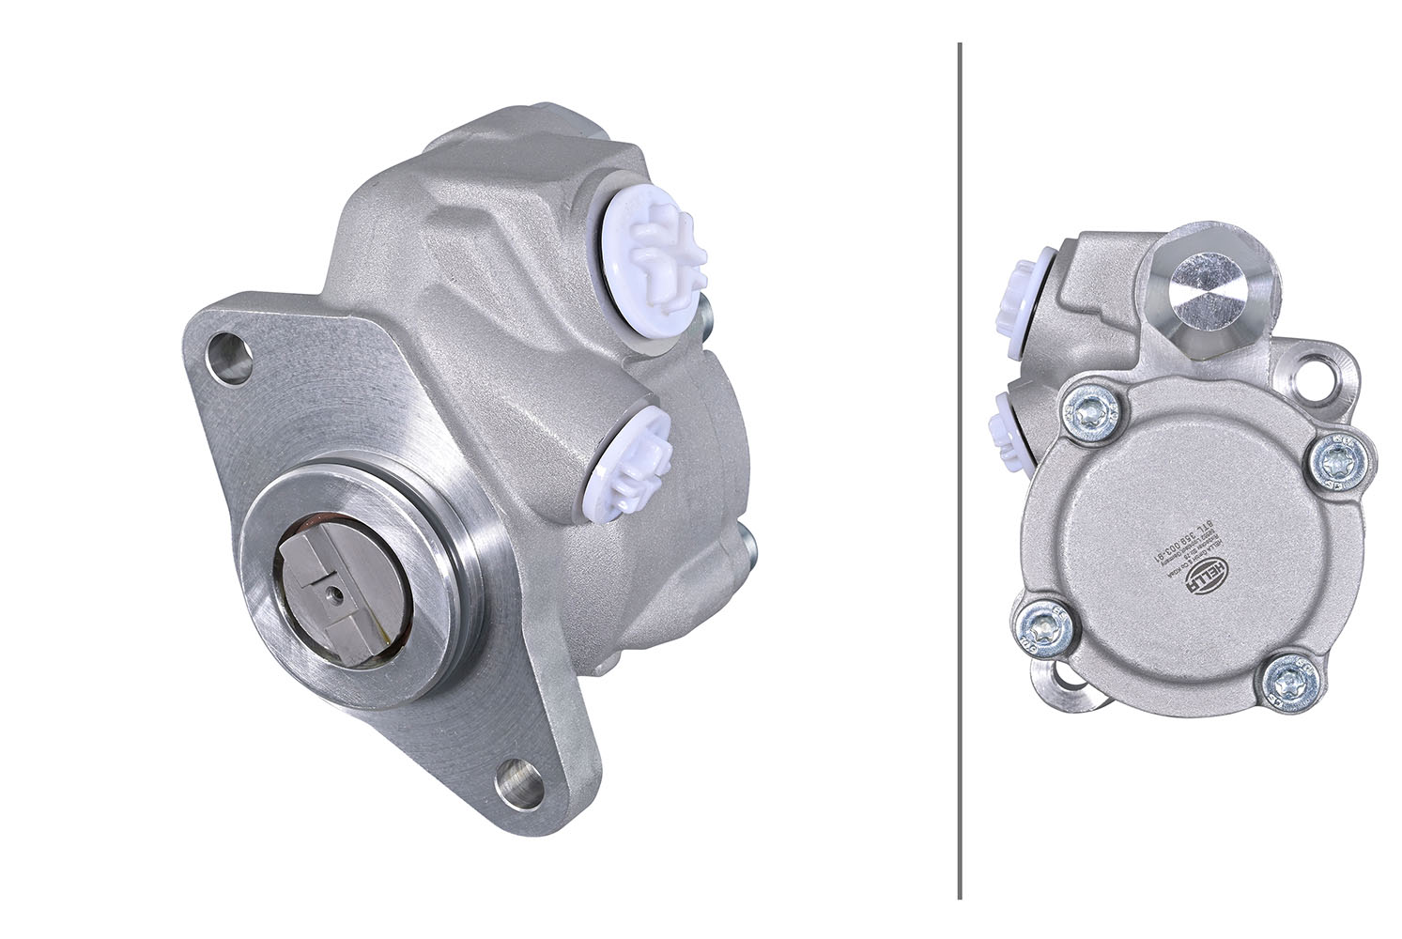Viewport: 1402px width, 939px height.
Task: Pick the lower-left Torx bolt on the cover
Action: click(x=1039, y=624)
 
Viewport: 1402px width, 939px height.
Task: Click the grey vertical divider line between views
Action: click(x=959, y=469)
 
